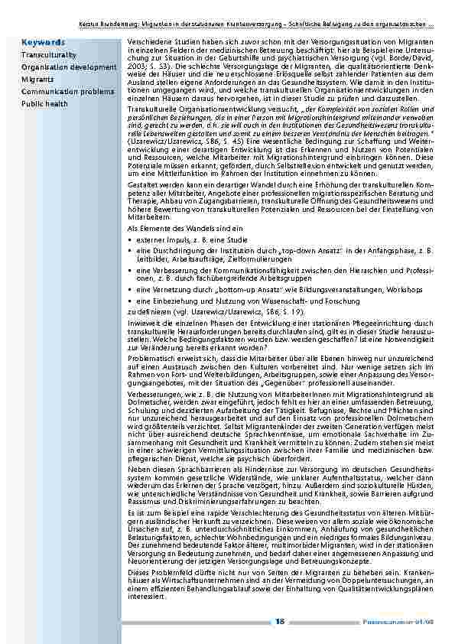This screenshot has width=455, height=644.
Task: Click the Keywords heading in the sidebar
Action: point(44,41)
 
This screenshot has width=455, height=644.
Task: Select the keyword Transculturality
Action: point(48,56)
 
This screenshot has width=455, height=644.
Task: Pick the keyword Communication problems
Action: point(67,91)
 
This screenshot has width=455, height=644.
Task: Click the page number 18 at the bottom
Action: point(280,621)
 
